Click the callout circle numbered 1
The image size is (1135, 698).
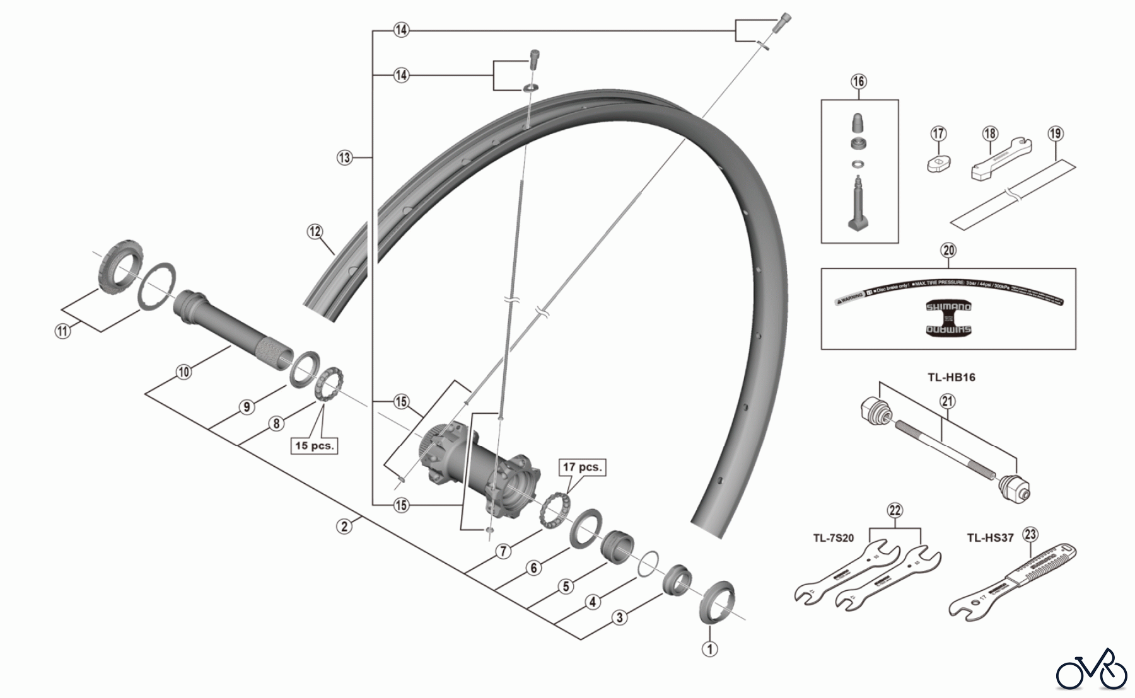coord(710,648)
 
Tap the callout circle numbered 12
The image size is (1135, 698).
coord(315,231)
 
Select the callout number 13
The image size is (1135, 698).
coord(344,157)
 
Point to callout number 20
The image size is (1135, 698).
coord(948,250)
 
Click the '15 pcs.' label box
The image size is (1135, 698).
coord(314,445)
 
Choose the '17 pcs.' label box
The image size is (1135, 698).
coord(582,467)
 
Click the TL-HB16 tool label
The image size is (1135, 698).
coord(951,377)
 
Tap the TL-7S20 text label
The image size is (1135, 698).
coord(833,537)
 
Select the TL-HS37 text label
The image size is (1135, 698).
coord(990,537)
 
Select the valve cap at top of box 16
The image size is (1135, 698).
coord(858,122)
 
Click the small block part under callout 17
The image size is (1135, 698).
coord(939,163)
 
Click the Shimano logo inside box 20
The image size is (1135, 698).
coord(948,318)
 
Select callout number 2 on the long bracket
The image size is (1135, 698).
coord(344,526)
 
